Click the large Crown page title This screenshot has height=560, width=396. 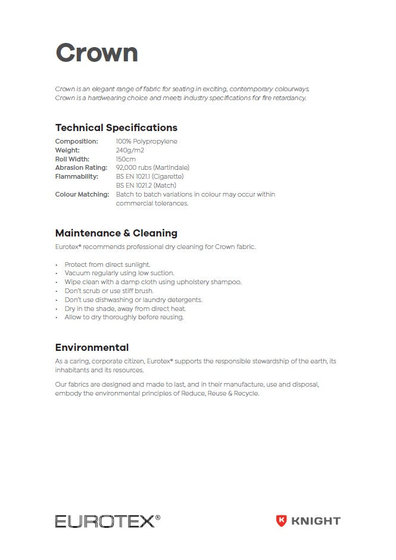[x=96, y=52]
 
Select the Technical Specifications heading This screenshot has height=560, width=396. [x=116, y=127]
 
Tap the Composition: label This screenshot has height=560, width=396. [x=76, y=141]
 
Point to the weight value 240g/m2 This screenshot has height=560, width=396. [x=130, y=150]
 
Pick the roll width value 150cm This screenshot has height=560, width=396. [x=126, y=159]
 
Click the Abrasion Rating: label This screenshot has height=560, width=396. [x=80, y=168]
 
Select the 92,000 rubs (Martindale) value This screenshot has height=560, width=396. [x=152, y=168]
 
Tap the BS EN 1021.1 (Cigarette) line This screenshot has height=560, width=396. [x=149, y=176]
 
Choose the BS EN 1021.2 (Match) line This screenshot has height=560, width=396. [x=146, y=185]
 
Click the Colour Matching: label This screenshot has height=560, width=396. [x=82, y=194]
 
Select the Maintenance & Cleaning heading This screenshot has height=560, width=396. [x=116, y=233]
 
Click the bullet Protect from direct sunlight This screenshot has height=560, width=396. [x=107, y=265]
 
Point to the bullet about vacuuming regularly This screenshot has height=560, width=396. [x=119, y=273]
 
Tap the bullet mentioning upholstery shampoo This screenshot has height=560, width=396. [x=153, y=282]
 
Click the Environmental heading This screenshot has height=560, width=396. [x=92, y=347]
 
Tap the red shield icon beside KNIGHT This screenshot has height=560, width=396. [x=281, y=521]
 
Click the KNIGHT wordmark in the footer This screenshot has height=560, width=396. [x=316, y=521]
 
